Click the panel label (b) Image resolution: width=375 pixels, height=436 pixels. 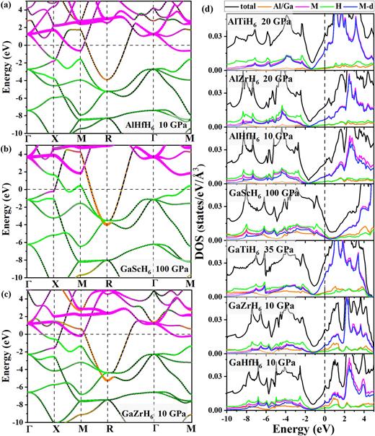(7, 149)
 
